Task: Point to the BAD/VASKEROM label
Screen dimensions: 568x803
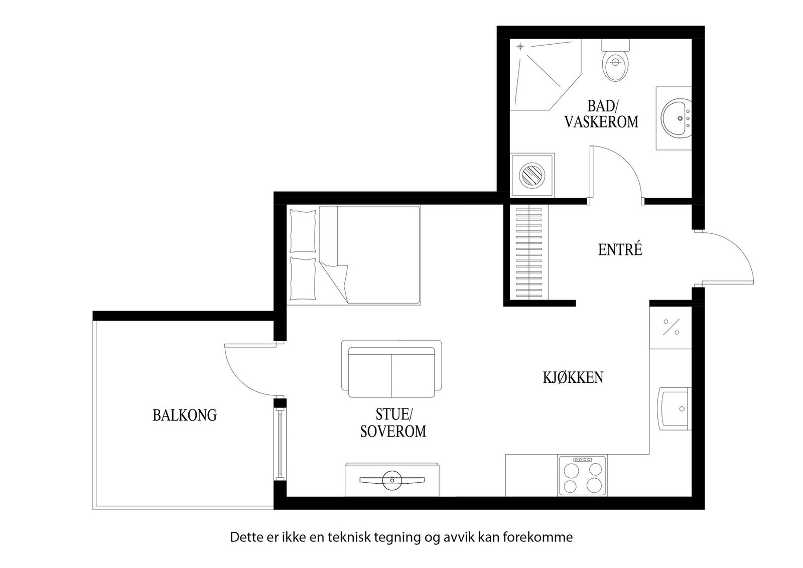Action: (x=601, y=114)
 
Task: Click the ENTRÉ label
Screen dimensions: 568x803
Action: (x=620, y=250)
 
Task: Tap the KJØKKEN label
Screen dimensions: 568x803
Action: (x=573, y=377)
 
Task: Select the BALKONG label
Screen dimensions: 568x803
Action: (x=184, y=415)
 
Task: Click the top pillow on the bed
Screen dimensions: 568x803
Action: (x=303, y=230)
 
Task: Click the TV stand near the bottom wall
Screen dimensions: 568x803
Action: (x=392, y=480)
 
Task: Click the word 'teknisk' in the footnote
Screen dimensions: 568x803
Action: (x=348, y=537)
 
